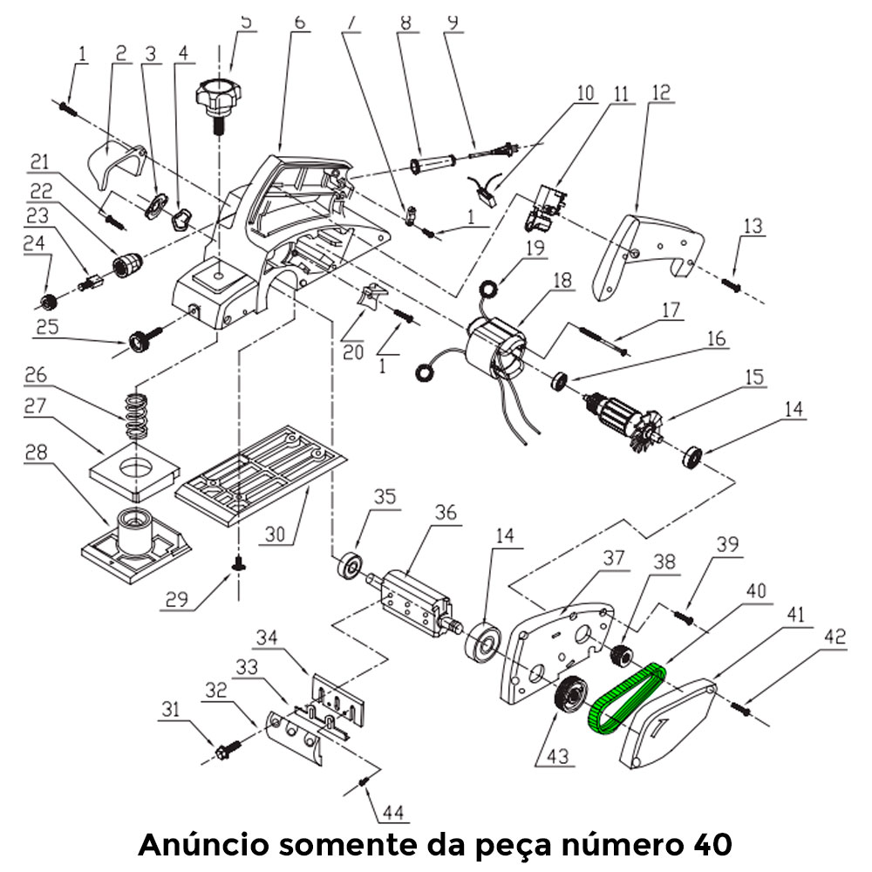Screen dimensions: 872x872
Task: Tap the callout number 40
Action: (x=755, y=591)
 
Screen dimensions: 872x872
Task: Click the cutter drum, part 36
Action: (x=414, y=600)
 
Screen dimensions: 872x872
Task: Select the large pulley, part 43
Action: (x=572, y=697)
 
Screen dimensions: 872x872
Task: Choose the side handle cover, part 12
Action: (x=645, y=253)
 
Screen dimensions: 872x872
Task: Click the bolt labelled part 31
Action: (x=224, y=748)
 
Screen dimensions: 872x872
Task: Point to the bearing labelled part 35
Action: (x=351, y=565)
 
